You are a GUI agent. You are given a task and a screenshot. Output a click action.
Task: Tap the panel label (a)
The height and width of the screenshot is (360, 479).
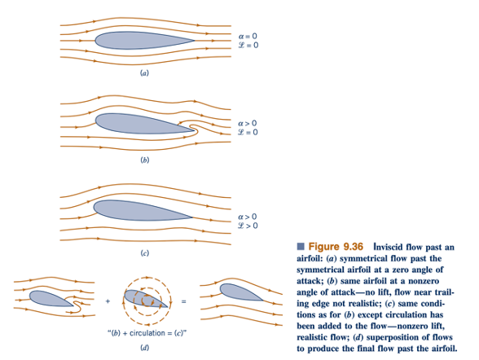click(x=144, y=73)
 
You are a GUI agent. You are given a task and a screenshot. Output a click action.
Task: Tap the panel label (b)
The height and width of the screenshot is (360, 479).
click(x=144, y=160)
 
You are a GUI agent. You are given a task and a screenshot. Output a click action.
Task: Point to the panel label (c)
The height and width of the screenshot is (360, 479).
click(x=144, y=252)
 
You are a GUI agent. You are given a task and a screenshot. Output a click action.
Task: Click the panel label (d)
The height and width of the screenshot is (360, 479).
click(x=144, y=348)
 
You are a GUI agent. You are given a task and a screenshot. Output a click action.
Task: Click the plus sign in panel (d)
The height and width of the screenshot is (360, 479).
click(x=108, y=301)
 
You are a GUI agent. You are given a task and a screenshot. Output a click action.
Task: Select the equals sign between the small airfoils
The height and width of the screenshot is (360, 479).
click(x=183, y=301)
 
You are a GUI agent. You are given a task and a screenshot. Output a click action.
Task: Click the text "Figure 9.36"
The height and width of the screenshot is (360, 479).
click(x=336, y=247)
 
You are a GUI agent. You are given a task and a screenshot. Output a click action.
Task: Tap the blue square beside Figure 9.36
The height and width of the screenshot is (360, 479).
click(x=301, y=246)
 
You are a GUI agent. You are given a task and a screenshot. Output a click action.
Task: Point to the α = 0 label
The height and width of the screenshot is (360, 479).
click(x=248, y=36)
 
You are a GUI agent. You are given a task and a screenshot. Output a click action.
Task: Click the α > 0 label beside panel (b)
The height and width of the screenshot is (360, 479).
click(x=248, y=123)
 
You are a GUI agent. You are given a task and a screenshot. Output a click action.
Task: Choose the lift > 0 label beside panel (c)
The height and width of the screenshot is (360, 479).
click(x=248, y=226)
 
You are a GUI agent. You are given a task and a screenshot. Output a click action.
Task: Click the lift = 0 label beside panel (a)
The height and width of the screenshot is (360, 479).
click(x=248, y=45)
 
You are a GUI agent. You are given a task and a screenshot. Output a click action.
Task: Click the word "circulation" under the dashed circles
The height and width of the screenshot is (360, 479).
click(x=147, y=333)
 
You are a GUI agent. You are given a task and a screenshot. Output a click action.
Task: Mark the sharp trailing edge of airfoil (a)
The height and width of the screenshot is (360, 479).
click(x=195, y=40)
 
